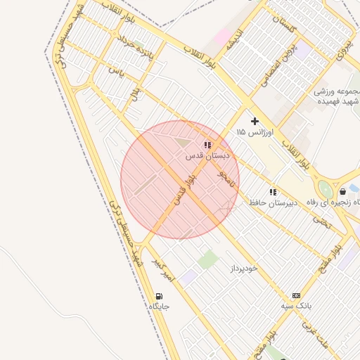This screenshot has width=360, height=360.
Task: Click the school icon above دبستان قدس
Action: tap(207, 145)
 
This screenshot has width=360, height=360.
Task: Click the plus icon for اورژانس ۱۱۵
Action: tap(255, 121)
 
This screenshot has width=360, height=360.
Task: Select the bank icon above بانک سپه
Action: tap(296, 295)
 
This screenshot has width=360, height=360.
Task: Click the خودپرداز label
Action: tap(244, 269)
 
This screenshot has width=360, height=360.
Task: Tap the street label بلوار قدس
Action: tap(184, 190)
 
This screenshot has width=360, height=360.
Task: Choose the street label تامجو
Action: tap(226, 177)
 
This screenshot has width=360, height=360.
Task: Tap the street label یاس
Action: tap(116, 71)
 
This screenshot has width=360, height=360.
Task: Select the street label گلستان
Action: tap(288, 27)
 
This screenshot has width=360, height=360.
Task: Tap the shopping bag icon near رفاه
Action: tap(342, 191)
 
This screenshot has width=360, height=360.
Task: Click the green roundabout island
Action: tap(325, 190)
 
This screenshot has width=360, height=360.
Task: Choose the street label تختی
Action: tap(321, 221)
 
